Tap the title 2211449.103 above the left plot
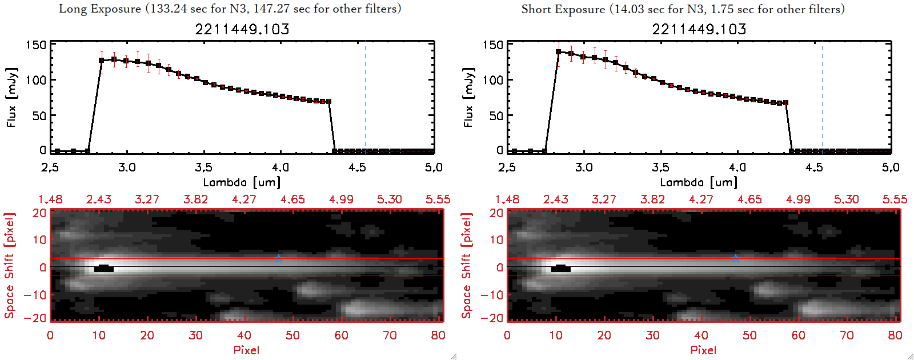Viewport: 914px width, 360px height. tap(242, 29)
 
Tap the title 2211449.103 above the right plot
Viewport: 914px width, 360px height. tap(699, 29)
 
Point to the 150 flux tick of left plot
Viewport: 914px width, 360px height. tap(35, 45)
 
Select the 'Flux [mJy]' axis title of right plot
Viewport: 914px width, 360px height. tap(468, 97)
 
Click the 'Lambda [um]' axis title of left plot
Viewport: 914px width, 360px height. tap(242, 182)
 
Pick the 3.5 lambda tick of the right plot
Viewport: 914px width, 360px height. tap(660, 167)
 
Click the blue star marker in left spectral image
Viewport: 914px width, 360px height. tap(278, 259)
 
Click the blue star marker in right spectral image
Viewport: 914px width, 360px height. tap(735, 259)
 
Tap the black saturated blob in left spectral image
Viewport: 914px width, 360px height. tap(103, 268)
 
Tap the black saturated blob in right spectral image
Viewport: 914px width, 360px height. tap(560, 268)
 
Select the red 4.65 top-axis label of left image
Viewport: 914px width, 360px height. tap(292, 199)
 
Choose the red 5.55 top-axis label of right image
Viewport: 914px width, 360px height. tap(895, 199)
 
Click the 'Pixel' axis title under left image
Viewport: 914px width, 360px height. tap(246, 350)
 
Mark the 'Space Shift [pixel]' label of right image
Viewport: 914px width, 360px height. tap(467, 266)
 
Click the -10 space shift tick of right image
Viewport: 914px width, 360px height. tap(491, 295)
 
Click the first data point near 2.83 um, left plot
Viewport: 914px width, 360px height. tap(102, 60)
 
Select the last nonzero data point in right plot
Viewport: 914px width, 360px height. tap(786, 103)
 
